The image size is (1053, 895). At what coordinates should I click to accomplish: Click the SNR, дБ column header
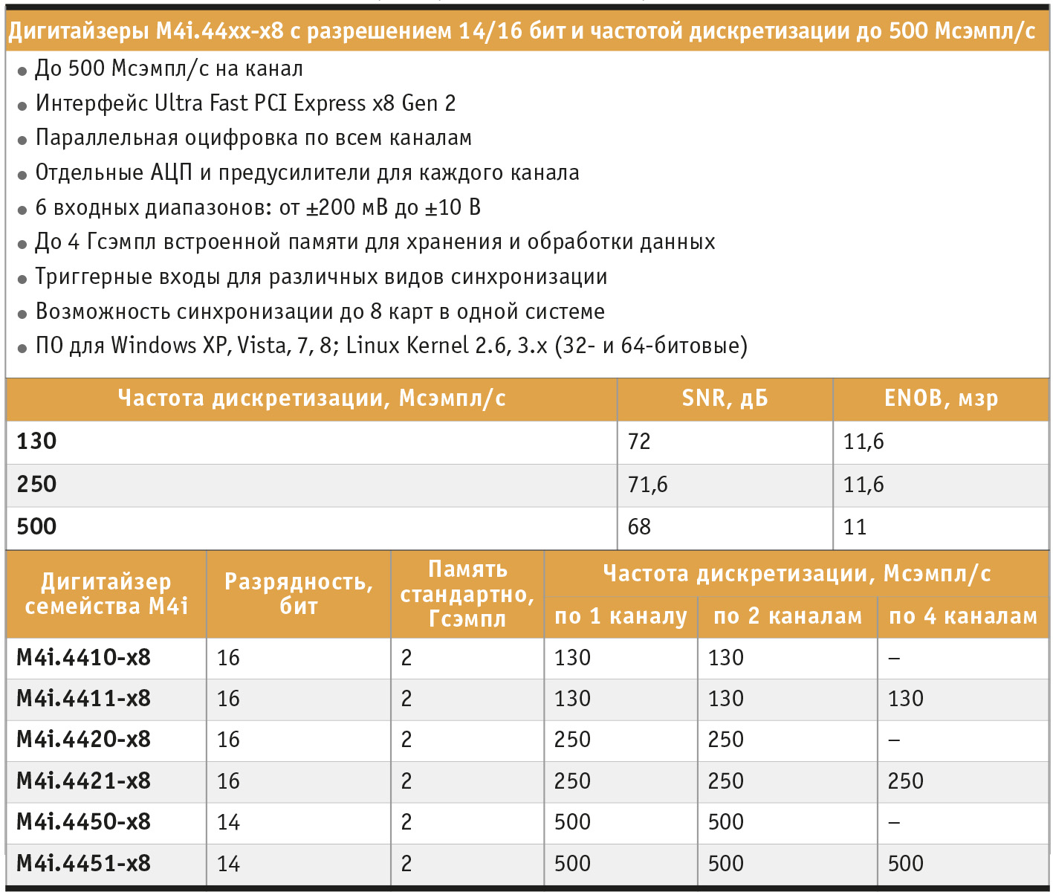pyautogui.click(x=725, y=398)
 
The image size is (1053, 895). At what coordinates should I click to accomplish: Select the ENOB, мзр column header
pyautogui.click(x=941, y=398)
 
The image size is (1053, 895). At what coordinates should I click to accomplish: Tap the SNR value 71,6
pyautogui.click(x=647, y=485)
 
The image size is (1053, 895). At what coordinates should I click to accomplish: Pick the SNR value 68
pyautogui.click(x=639, y=527)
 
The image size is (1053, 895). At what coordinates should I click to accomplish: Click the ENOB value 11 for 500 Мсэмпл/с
pyautogui.click(x=855, y=527)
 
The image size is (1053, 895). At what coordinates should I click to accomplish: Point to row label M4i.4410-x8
pyautogui.click(x=83, y=657)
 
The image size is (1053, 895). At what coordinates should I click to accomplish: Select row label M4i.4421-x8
pyautogui.click(x=83, y=781)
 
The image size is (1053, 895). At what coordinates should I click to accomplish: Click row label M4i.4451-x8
pyautogui.click(x=83, y=863)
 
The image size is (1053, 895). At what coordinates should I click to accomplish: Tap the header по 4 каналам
pyautogui.click(x=962, y=616)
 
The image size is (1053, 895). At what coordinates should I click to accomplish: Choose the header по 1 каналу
pyautogui.click(x=621, y=616)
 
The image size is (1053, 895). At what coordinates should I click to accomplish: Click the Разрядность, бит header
pyautogui.click(x=299, y=593)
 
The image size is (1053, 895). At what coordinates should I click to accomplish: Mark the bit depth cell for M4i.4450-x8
pyautogui.click(x=229, y=822)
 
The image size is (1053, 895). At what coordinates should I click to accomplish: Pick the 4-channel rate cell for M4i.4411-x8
pyautogui.click(x=905, y=699)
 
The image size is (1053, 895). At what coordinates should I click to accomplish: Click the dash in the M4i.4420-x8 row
pyautogui.click(x=894, y=740)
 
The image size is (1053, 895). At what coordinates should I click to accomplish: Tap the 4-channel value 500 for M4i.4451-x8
pyautogui.click(x=905, y=864)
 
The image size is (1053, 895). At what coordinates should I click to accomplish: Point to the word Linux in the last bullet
pyautogui.click(x=370, y=346)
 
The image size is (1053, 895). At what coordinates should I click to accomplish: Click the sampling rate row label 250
pyautogui.click(x=36, y=484)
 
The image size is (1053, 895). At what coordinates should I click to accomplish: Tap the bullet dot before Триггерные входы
pyautogui.click(x=22, y=280)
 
